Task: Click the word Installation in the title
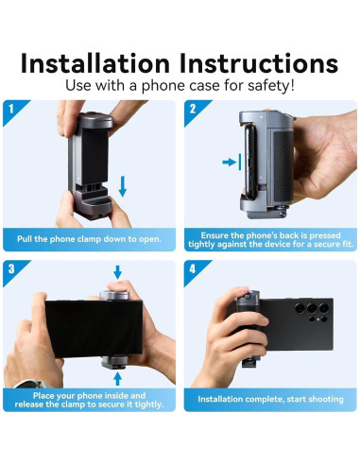[x=95, y=63]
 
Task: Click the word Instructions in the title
[x=259, y=63]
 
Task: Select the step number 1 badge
[x=11, y=109]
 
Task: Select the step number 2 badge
[x=193, y=109]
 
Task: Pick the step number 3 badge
[x=11, y=268]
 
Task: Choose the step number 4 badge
[x=193, y=268]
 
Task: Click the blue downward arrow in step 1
[x=123, y=186]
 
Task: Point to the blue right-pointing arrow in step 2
[x=229, y=163]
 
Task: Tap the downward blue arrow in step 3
[x=117, y=272]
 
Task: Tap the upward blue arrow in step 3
[x=117, y=379]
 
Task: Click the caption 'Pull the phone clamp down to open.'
[x=89, y=239]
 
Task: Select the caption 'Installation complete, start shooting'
[x=270, y=399]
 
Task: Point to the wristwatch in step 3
[x=31, y=384]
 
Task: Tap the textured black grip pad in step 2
[x=283, y=166]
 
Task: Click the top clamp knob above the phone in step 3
[x=114, y=296]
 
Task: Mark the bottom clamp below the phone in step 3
[x=115, y=362]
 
